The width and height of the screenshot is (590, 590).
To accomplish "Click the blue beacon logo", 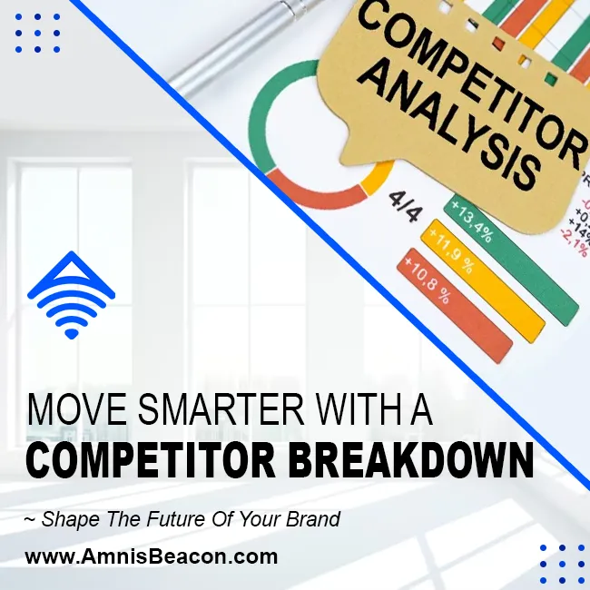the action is click(x=71, y=296).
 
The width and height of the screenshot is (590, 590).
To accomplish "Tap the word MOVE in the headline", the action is click(x=77, y=409).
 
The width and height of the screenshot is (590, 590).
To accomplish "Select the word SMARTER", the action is click(x=221, y=409).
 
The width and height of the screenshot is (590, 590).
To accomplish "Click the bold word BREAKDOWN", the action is click(x=411, y=460).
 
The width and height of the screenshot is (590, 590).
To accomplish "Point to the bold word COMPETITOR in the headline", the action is click(x=152, y=460).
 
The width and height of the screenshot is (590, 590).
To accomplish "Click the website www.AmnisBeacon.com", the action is click(x=152, y=556).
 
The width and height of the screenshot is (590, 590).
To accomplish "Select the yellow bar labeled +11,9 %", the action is click(x=482, y=281).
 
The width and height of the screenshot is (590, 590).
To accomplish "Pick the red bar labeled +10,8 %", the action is click(x=455, y=306).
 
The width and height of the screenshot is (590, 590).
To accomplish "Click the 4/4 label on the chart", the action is click(x=406, y=207).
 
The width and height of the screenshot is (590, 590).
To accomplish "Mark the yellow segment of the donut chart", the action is click(x=378, y=177).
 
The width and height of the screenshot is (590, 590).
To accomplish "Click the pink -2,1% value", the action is click(x=575, y=242).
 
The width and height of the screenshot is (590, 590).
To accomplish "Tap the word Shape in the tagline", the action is click(x=71, y=519).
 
